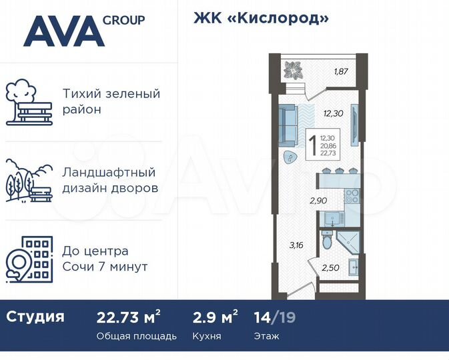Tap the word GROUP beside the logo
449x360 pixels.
[x=123, y=20]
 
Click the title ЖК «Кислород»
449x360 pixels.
[x=261, y=18]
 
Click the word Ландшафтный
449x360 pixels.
[x=109, y=172]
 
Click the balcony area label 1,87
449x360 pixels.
[x=342, y=71]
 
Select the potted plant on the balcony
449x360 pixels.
[x=294, y=68]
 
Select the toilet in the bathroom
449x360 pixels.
[x=326, y=243]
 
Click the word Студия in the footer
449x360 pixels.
[x=35, y=317]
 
